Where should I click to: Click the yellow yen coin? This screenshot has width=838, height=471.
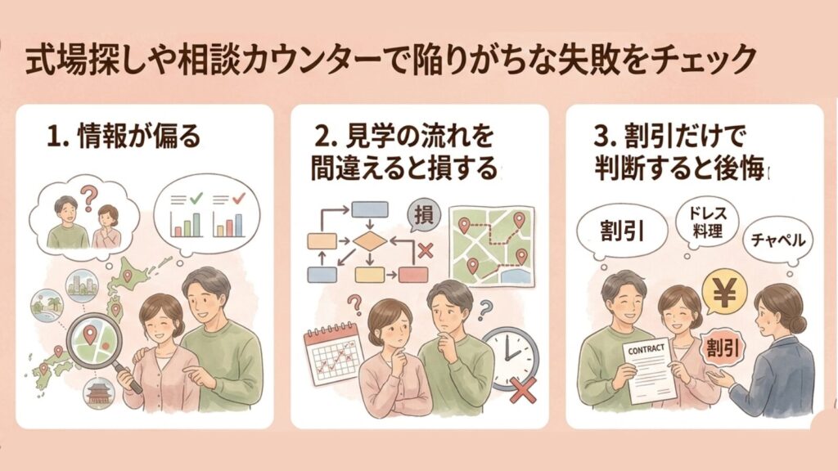point(723,293)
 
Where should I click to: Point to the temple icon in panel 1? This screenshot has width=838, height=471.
point(99,393)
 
